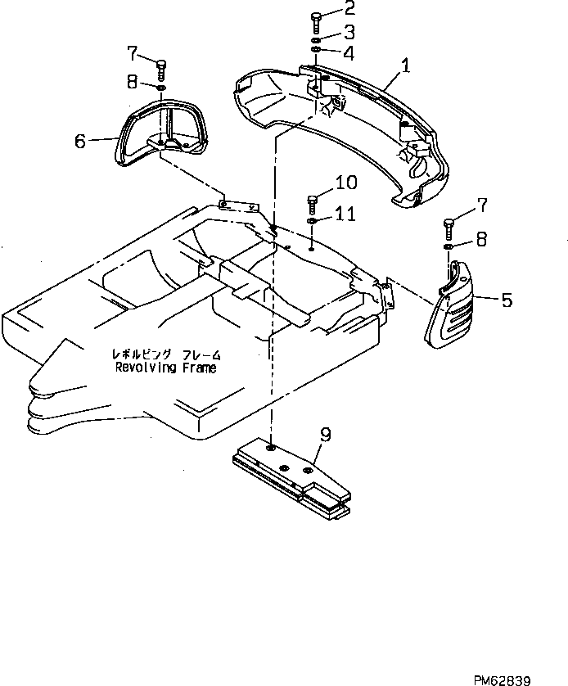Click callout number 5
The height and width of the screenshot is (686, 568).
coord(507,300)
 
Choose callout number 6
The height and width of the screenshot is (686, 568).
coord(79,142)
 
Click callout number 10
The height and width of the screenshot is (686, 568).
coord(345,183)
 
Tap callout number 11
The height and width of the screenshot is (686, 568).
coord(345,214)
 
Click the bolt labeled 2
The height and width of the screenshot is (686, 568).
coord(316,19)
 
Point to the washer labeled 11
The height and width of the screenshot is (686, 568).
coord(313,221)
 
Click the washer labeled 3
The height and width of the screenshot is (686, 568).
coord(316,39)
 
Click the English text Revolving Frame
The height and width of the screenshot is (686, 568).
coord(166,369)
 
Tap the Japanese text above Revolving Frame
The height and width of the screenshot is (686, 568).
coord(166,355)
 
